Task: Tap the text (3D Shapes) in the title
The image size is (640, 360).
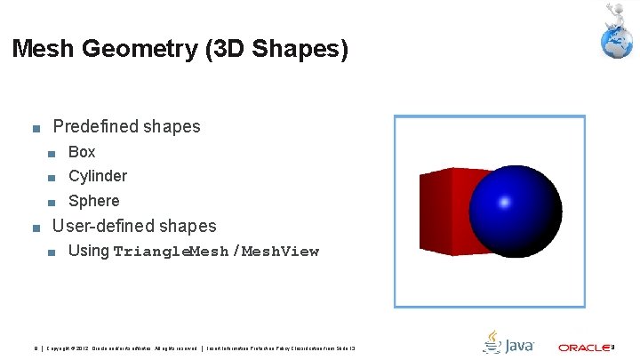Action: [x=276, y=49]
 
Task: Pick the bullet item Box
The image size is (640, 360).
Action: [x=82, y=152]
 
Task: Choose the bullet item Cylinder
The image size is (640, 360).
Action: [x=98, y=176]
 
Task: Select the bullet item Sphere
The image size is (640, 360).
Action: [x=93, y=201]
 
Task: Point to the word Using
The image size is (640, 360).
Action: [x=88, y=251]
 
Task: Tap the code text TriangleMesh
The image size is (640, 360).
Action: [x=171, y=252]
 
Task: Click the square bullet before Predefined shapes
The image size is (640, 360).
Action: [x=36, y=128]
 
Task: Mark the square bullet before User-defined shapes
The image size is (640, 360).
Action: [x=36, y=228]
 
